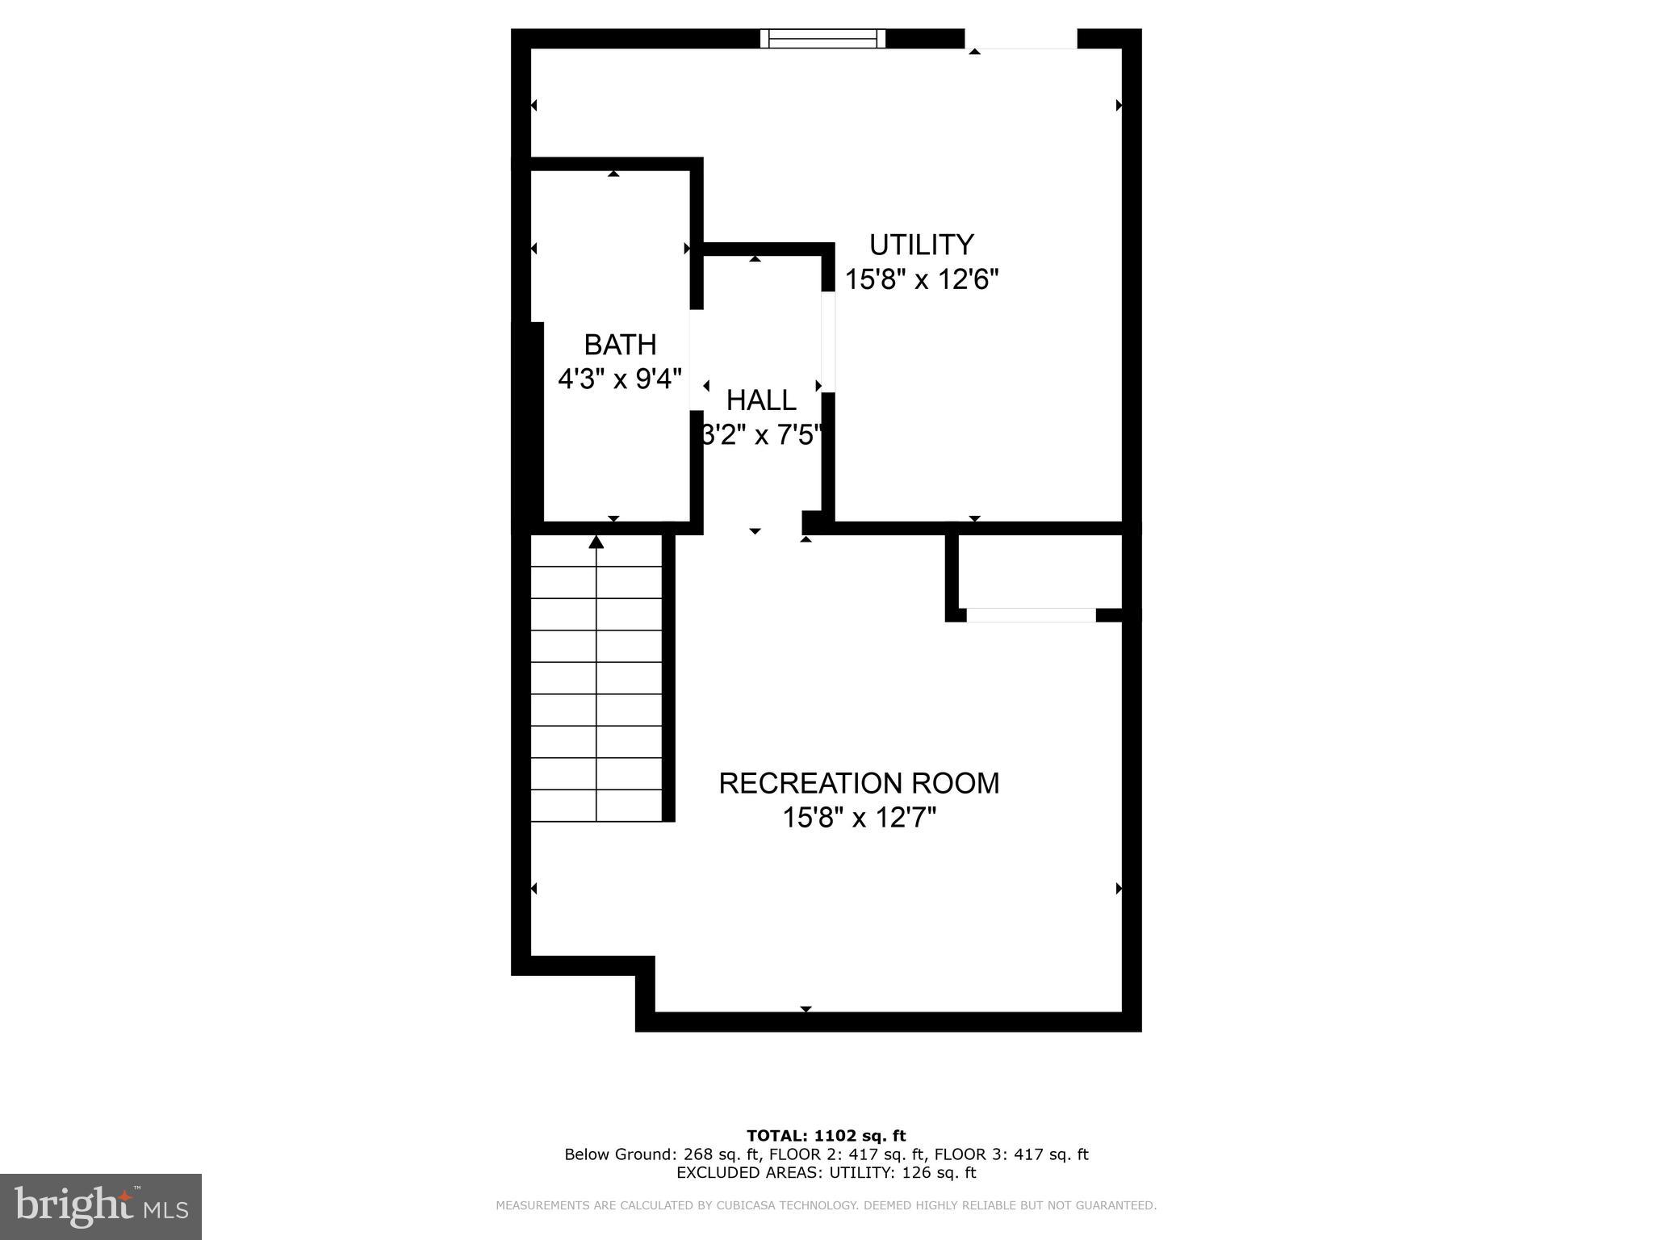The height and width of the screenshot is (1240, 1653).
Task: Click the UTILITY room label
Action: click(921, 244)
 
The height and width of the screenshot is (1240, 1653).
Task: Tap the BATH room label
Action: click(620, 345)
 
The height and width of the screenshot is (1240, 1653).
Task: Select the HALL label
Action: click(761, 400)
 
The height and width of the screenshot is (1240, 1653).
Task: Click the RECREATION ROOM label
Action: click(859, 783)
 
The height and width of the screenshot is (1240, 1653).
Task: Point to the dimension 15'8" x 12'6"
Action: click(922, 280)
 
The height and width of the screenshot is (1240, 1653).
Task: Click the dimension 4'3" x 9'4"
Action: click(620, 378)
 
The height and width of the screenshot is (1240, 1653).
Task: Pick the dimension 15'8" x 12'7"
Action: click(859, 818)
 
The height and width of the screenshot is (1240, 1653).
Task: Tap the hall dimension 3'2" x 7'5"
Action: click(761, 435)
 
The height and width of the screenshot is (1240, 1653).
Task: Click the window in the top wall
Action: click(822, 38)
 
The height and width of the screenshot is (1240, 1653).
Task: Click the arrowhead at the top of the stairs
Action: click(596, 542)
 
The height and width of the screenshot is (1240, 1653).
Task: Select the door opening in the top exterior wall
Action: click(1021, 39)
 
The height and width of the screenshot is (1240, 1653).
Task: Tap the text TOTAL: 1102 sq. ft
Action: click(826, 1136)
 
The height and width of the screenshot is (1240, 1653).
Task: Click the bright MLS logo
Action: click(101, 1206)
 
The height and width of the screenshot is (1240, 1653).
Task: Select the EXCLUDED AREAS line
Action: click(826, 1173)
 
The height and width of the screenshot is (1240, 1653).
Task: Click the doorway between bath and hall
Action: click(696, 359)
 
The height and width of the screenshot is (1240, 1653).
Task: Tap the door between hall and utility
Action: click(827, 341)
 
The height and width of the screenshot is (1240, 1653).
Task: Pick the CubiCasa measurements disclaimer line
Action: click(826, 1205)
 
